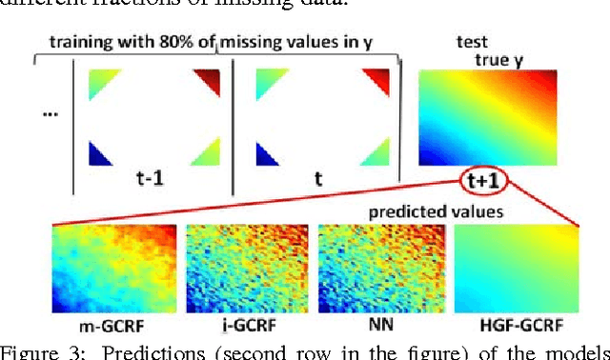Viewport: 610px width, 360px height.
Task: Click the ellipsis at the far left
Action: [x=51, y=117]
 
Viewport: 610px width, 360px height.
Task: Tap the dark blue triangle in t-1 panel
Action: [x=100, y=154]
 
